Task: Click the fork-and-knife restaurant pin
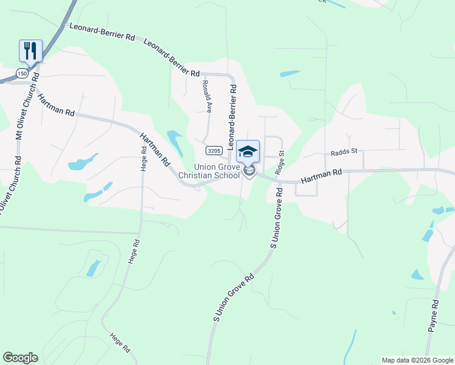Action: (x=30, y=50)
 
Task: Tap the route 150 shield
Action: (x=23, y=74)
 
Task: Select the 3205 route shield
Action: (x=214, y=150)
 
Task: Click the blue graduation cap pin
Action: (x=248, y=151)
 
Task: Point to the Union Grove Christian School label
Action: (x=217, y=172)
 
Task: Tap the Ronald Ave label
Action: (x=207, y=97)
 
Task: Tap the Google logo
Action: (x=20, y=358)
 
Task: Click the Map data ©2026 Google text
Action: (x=417, y=360)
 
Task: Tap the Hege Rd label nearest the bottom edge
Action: (x=120, y=343)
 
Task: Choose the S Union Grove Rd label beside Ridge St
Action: (x=277, y=217)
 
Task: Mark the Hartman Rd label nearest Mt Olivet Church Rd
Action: (x=55, y=105)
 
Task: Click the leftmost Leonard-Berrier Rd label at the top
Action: (x=102, y=32)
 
